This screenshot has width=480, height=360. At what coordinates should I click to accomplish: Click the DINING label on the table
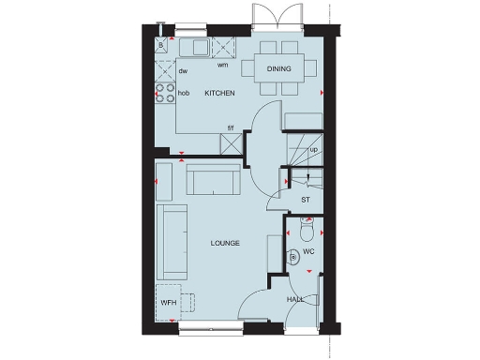[x=278, y=68]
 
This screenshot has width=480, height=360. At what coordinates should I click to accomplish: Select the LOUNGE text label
[x=225, y=243]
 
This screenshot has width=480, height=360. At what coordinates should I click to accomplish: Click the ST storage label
[x=306, y=200]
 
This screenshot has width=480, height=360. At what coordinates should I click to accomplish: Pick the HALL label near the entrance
[x=295, y=299]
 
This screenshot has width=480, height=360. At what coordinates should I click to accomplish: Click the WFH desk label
[x=168, y=304]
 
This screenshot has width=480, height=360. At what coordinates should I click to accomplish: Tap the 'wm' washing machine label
[x=223, y=65]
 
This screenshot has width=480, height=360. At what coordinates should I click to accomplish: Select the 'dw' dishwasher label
[x=183, y=70]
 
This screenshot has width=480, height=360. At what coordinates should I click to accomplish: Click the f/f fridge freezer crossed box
[x=231, y=143]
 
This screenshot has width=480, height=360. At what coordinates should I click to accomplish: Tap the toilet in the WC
[x=308, y=229]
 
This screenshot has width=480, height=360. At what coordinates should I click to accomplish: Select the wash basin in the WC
[x=293, y=257]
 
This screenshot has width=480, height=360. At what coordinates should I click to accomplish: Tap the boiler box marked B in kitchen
[x=162, y=46]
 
